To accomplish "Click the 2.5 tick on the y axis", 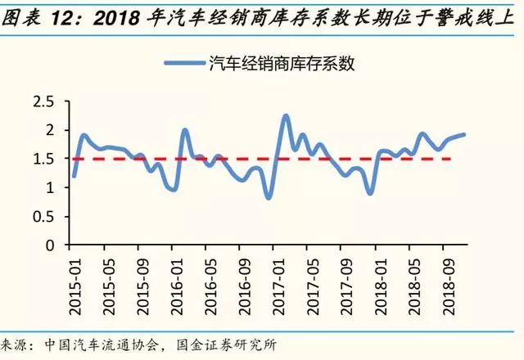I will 43,101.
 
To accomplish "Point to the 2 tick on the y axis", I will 49,130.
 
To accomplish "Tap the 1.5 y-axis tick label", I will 43,159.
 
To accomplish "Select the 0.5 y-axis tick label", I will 43,216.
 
